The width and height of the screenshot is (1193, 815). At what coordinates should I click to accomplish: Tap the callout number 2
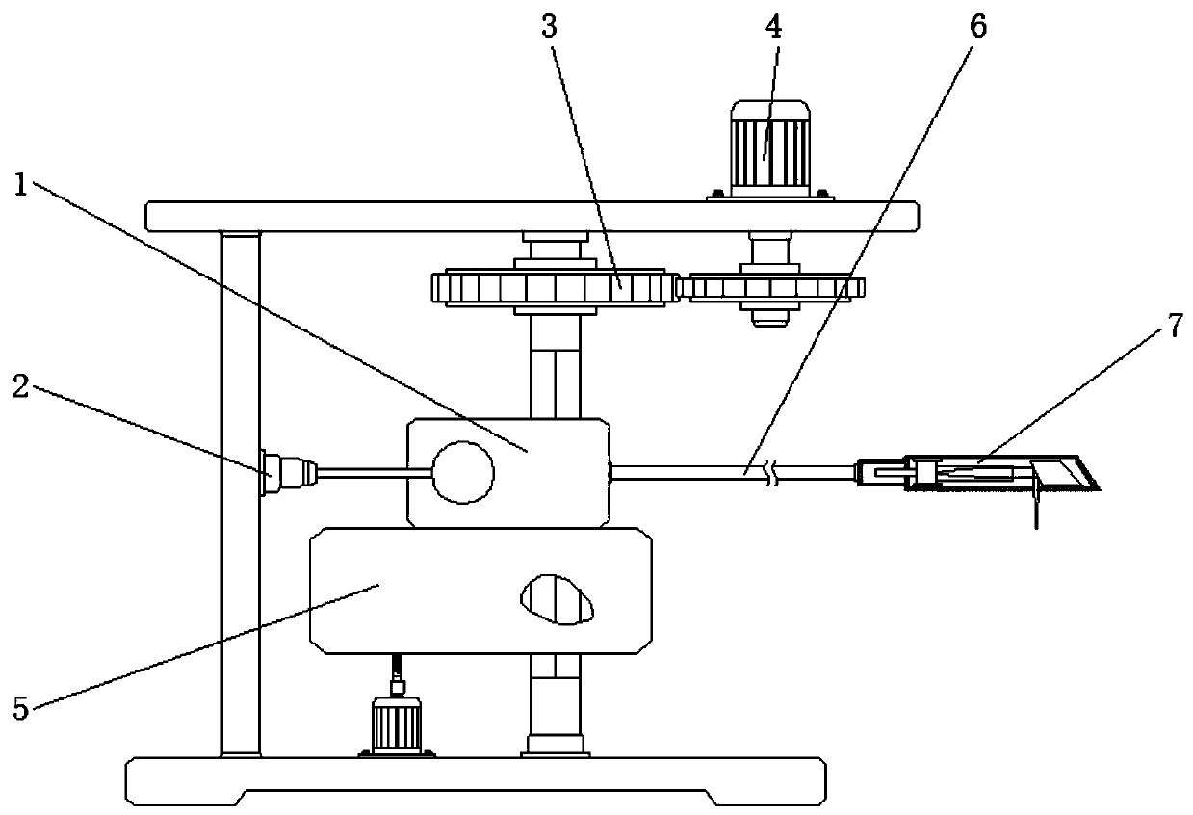pyautogui.click(x=22, y=388)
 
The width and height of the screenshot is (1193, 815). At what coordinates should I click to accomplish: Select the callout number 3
pyautogui.click(x=550, y=26)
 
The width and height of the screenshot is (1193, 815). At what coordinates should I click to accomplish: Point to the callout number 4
pyautogui.click(x=773, y=26)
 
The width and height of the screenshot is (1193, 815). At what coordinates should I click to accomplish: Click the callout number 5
pyautogui.click(x=20, y=711)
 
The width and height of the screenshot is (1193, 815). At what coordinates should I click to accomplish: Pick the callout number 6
pyautogui.click(x=977, y=26)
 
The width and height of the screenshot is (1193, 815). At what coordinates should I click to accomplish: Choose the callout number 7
pyautogui.click(x=1174, y=327)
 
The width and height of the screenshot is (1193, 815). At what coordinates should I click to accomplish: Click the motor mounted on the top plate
pyautogui.click(x=767, y=149)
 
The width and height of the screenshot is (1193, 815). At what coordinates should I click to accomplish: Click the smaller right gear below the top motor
pyautogui.click(x=770, y=288)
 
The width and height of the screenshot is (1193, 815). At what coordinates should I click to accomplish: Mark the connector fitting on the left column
pyautogui.click(x=286, y=473)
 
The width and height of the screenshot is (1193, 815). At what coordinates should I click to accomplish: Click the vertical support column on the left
pyautogui.click(x=240, y=491)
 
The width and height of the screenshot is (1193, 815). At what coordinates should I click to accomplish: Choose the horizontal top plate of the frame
pyautogui.click(x=530, y=216)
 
